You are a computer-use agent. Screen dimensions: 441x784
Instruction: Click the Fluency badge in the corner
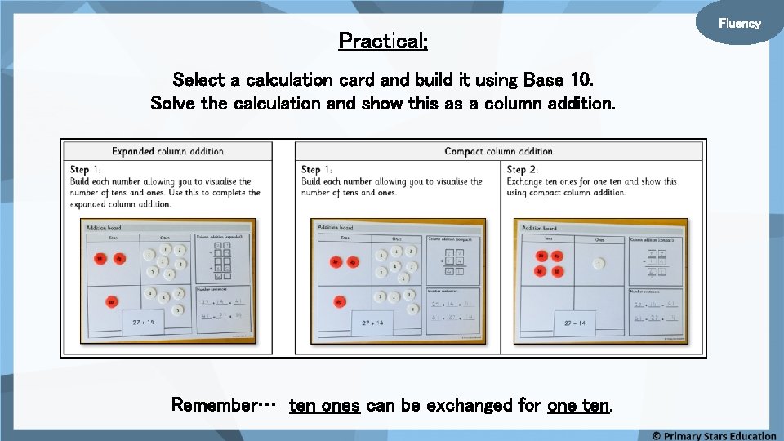click(x=739, y=23)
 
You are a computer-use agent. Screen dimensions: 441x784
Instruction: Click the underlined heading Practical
click(x=383, y=40)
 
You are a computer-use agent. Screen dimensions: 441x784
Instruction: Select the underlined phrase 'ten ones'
click(x=324, y=405)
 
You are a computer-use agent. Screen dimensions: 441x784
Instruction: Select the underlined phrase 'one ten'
click(x=578, y=405)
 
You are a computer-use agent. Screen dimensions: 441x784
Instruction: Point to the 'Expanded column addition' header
click(x=168, y=151)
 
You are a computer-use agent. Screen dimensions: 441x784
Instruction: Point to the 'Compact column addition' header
click(x=498, y=151)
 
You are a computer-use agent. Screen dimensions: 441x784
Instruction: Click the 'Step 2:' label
click(x=523, y=170)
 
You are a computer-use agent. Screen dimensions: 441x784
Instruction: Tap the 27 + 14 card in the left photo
click(x=143, y=323)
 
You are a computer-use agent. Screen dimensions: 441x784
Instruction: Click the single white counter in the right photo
click(x=599, y=264)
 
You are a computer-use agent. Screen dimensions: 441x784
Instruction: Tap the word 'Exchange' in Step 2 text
click(x=530, y=181)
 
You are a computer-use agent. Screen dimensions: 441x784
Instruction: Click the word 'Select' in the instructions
click(x=196, y=80)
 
